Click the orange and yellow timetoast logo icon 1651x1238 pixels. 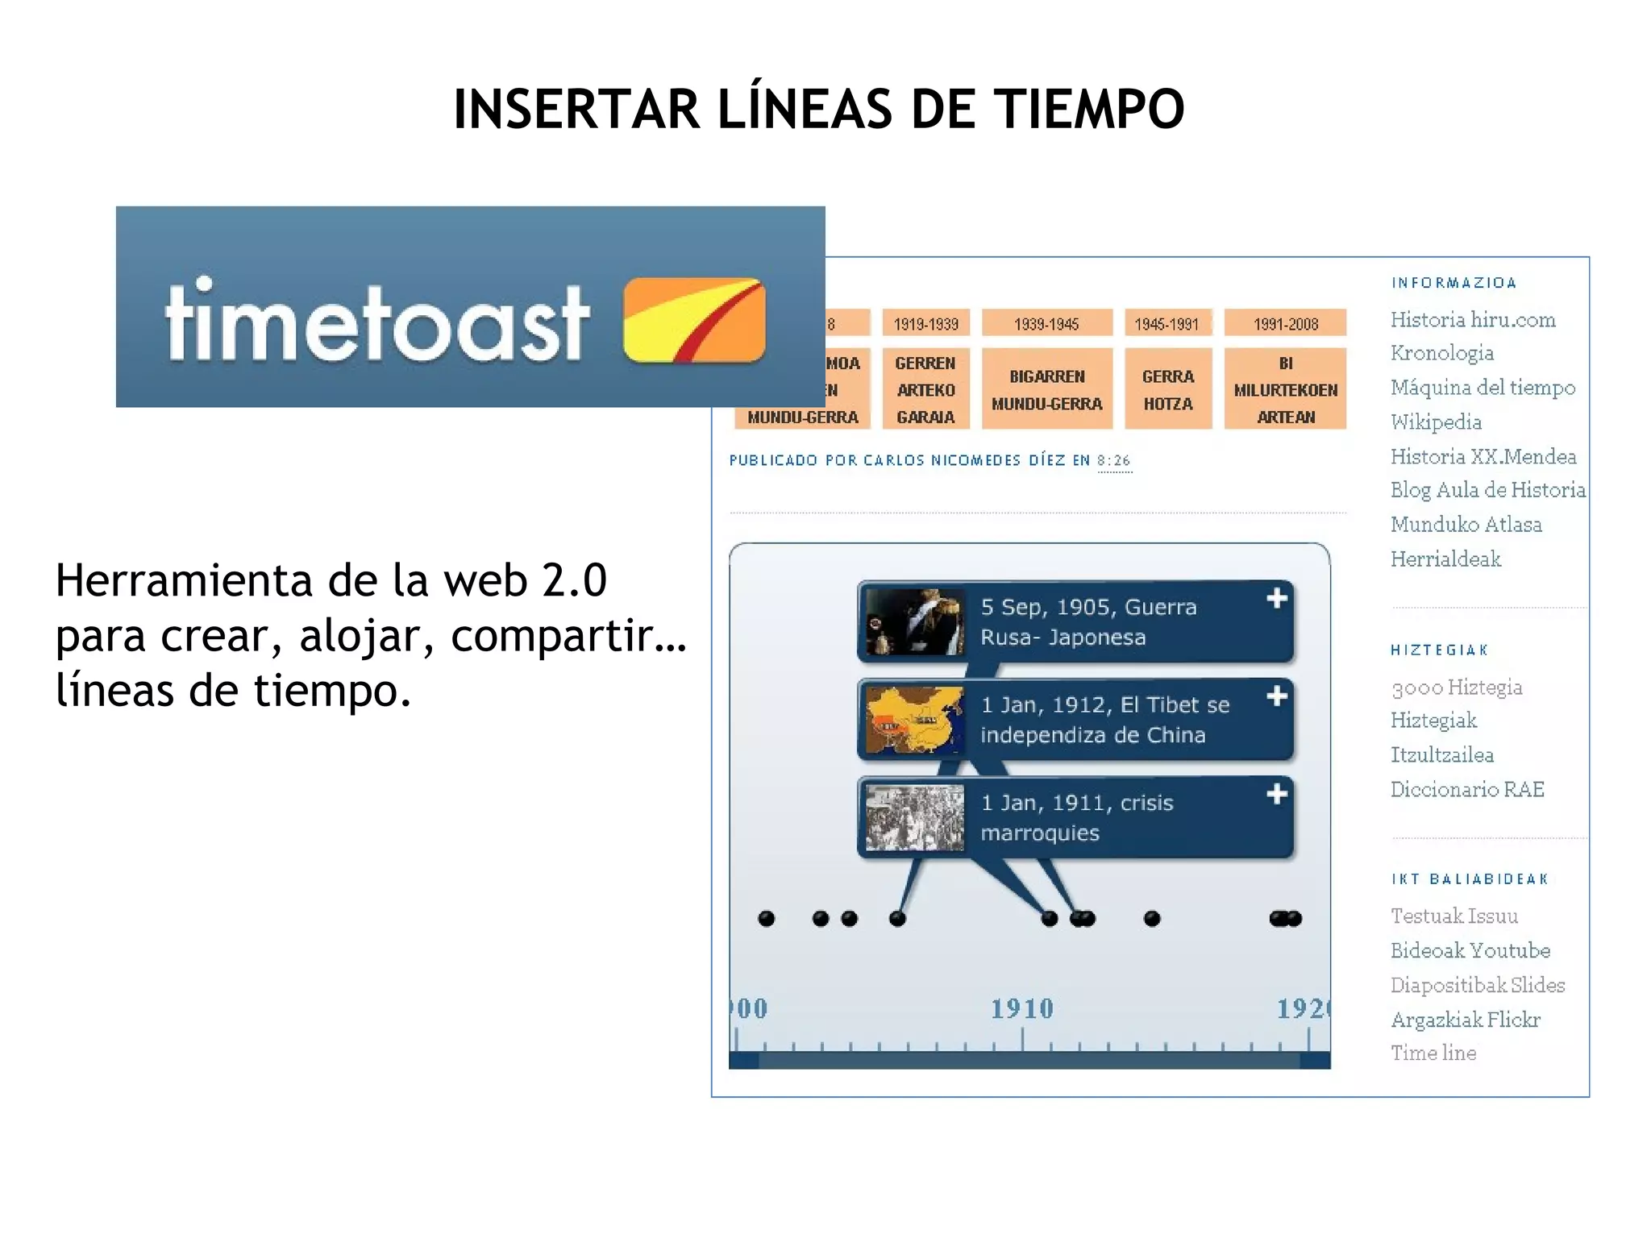coord(694,320)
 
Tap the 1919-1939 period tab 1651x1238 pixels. coord(925,324)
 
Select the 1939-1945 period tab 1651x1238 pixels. coord(1046,324)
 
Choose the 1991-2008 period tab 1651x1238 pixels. coord(1285,324)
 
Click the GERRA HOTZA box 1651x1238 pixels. coord(1167,389)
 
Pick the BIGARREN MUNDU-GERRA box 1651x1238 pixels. coord(1046,389)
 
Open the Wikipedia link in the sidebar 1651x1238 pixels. coord(1436,422)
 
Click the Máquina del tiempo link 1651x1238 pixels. coord(1483,388)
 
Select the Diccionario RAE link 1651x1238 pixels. coord(1467,790)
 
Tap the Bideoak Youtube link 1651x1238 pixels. coord(1470,951)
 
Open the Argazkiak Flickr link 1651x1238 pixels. coord(1465,1020)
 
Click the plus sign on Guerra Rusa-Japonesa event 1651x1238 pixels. coord(1276,599)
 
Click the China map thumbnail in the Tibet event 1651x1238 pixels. coord(914,720)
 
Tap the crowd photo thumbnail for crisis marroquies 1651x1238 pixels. coord(914,818)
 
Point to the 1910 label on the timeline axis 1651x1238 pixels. coord(1021,1008)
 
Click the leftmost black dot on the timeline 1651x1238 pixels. coord(766,919)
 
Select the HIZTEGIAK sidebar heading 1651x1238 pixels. coord(1439,650)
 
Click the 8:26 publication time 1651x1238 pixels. coord(1113,460)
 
